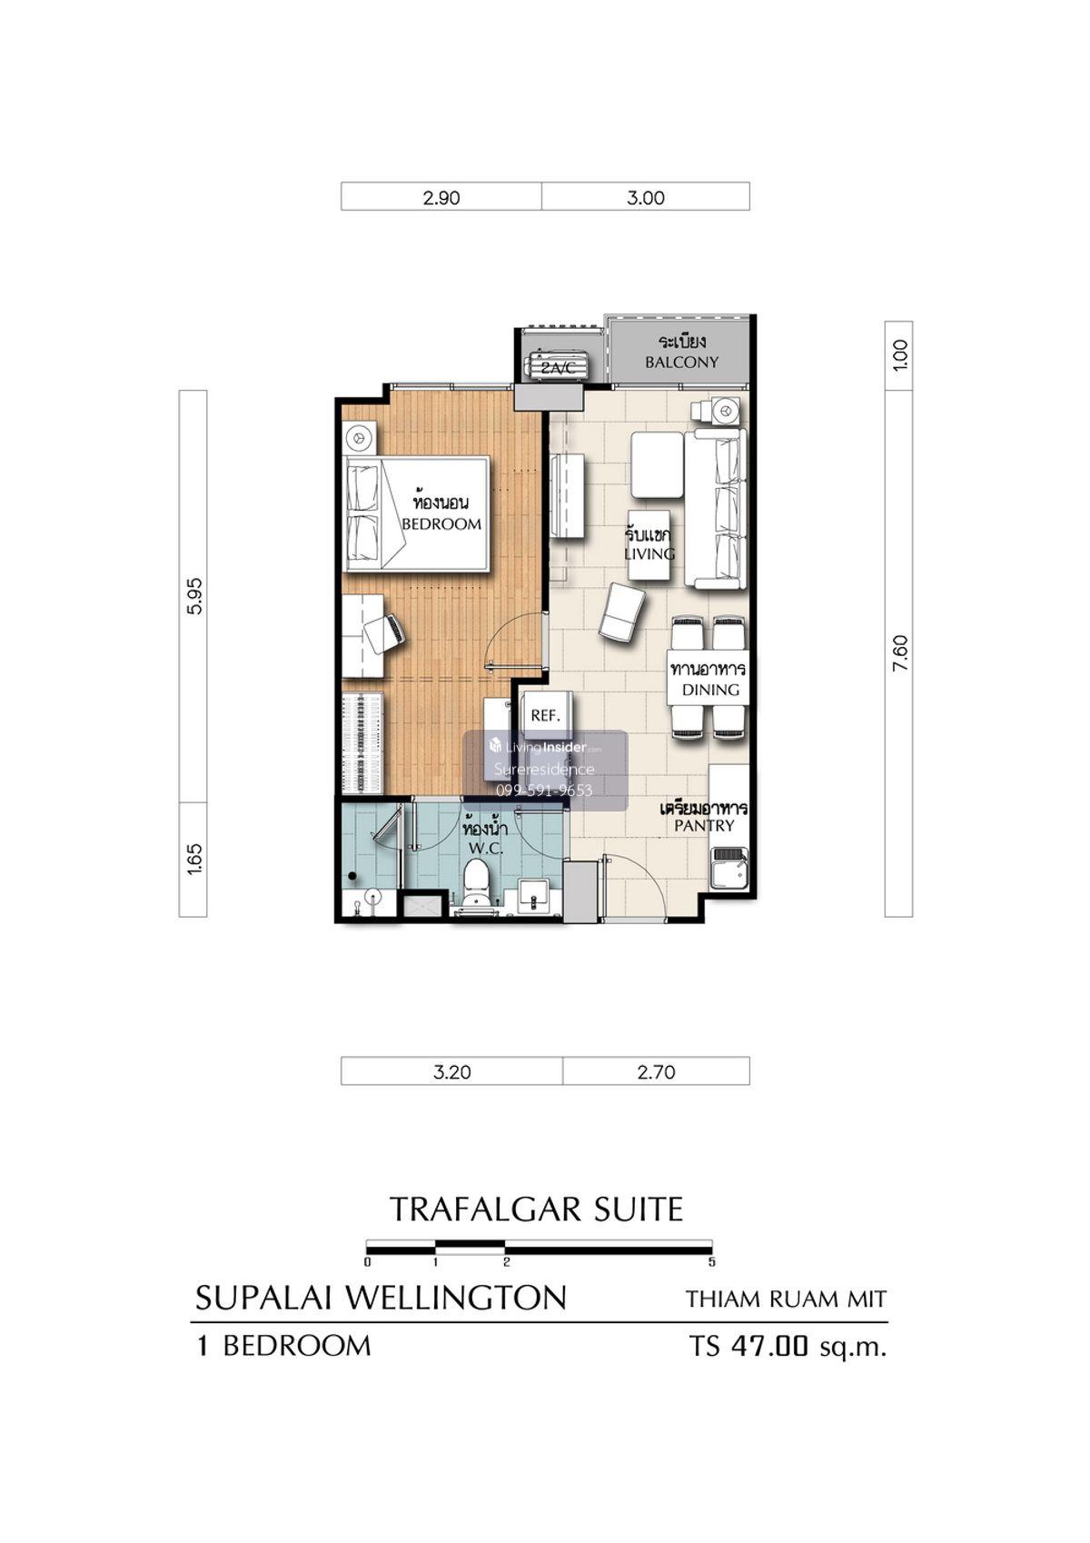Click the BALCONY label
click(681, 363)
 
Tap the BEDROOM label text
click(441, 523)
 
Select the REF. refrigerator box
click(545, 716)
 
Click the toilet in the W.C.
click(475, 884)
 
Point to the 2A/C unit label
click(557, 368)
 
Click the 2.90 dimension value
click(441, 198)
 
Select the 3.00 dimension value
click(646, 198)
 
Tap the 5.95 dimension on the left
click(195, 596)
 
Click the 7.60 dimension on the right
click(900, 653)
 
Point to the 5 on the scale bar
click(712, 1262)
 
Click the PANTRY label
click(704, 826)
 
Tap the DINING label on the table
click(710, 690)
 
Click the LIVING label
click(649, 553)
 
